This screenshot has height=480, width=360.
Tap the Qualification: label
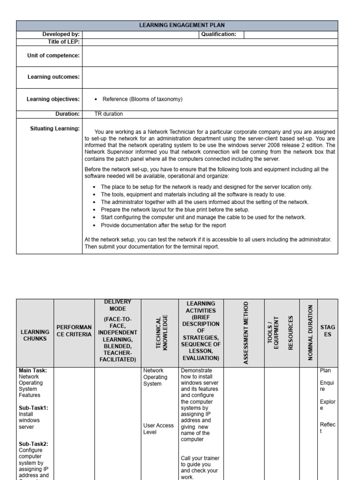pyautogui.click(x=218, y=34)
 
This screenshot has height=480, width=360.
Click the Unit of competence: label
pyautogui.click(x=53, y=56)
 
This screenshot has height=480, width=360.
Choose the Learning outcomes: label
pyautogui.click(x=53, y=77)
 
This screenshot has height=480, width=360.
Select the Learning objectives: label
pyautogui.click(x=53, y=99)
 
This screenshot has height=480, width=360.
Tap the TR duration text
pyautogui.click(x=109, y=114)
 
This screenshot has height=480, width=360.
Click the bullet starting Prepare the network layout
pyautogui.click(x=175, y=210)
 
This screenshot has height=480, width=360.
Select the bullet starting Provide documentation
pyautogui.click(x=163, y=225)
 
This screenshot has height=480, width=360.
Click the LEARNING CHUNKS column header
pyautogui.click(x=35, y=335)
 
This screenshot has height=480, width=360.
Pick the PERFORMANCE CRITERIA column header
pyautogui.click(x=74, y=330)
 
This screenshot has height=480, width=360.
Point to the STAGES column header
pyautogui.click(x=328, y=330)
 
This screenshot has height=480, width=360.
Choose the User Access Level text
pyautogui.click(x=158, y=428)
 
